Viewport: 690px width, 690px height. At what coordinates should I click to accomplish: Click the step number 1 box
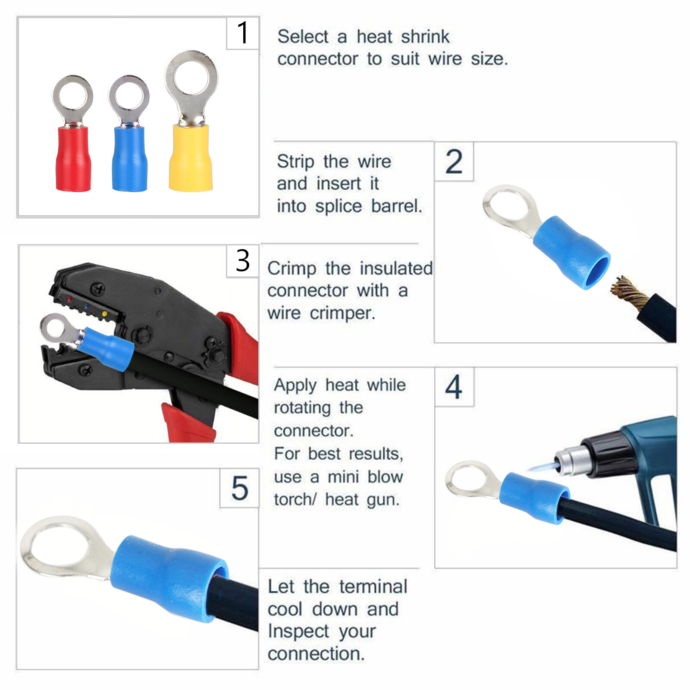243,33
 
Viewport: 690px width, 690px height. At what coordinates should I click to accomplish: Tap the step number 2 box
454,162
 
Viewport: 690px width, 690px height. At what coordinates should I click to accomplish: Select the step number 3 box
243,261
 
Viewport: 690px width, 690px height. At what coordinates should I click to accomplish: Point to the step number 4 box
454,387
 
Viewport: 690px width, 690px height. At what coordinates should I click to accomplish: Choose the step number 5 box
240,488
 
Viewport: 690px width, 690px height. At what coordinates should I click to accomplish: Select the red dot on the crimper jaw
69,299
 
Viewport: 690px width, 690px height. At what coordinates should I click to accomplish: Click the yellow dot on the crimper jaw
105,313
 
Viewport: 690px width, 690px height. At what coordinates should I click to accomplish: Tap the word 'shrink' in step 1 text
425,37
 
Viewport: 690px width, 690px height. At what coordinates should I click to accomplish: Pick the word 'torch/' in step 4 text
295,499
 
